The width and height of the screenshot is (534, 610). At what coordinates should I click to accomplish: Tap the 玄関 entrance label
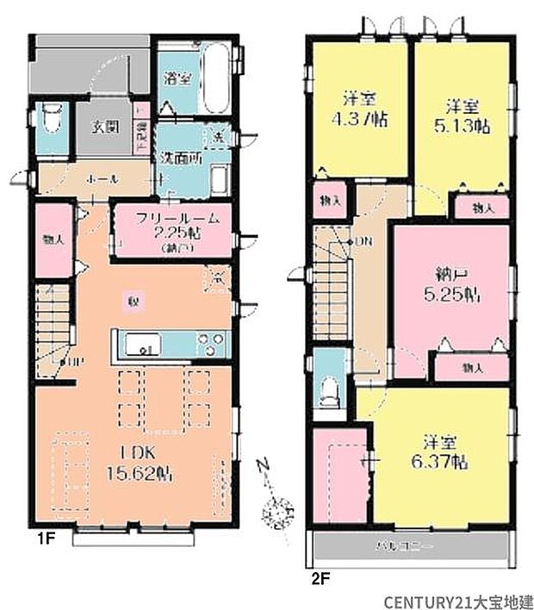pos(106,128)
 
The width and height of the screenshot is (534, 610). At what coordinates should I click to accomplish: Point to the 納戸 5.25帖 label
pos(451,283)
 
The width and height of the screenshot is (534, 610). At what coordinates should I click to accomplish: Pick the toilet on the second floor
pos(327,392)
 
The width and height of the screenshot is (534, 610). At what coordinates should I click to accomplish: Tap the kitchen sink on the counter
pos(139,345)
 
